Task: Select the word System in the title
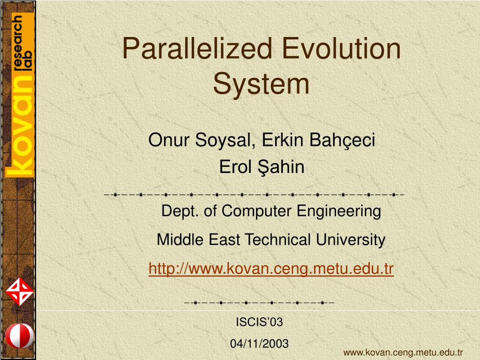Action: (x=261, y=84)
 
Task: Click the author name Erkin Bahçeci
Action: (x=319, y=140)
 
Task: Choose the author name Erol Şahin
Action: (x=262, y=167)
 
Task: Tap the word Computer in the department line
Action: (x=257, y=211)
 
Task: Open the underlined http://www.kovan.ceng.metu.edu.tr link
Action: (x=271, y=269)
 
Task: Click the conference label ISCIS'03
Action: (x=259, y=322)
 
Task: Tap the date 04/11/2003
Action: (x=259, y=344)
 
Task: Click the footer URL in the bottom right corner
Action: (x=403, y=352)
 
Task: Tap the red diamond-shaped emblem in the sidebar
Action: (x=19, y=292)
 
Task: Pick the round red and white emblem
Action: (x=19, y=336)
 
